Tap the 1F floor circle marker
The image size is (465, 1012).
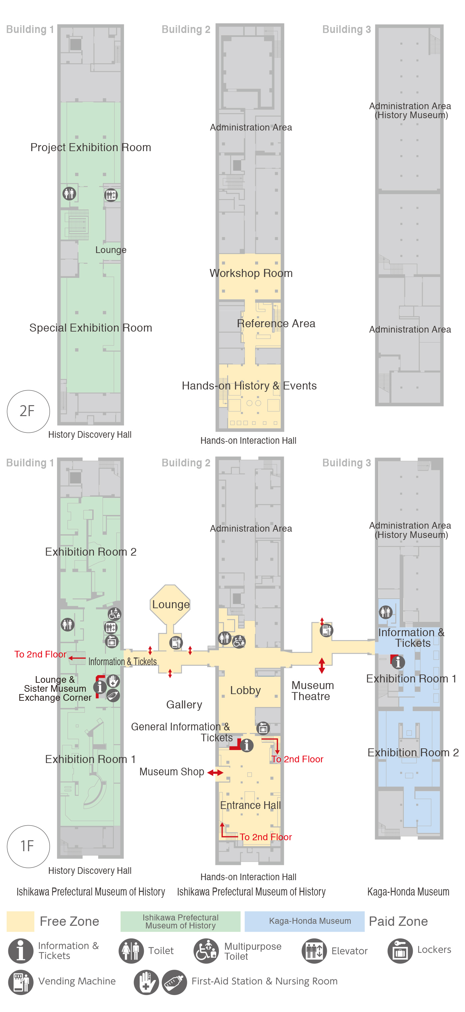click(28, 846)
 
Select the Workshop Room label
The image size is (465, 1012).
click(251, 273)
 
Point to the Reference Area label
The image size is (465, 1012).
click(276, 323)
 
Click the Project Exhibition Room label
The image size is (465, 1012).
click(91, 147)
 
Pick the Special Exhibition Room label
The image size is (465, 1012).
click(91, 328)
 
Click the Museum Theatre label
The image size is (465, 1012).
click(312, 691)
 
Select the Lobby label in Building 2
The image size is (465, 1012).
click(245, 690)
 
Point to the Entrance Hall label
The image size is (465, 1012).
click(250, 805)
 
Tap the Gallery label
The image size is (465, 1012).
click(184, 705)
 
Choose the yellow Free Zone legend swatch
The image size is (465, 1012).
click(20, 921)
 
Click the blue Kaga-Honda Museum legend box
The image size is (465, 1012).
click(305, 921)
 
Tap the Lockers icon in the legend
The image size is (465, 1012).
click(400, 951)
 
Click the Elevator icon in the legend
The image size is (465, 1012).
click(314, 951)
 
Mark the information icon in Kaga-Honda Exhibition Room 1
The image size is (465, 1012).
click(398, 662)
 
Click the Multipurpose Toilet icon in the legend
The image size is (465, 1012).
click(206, 951)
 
